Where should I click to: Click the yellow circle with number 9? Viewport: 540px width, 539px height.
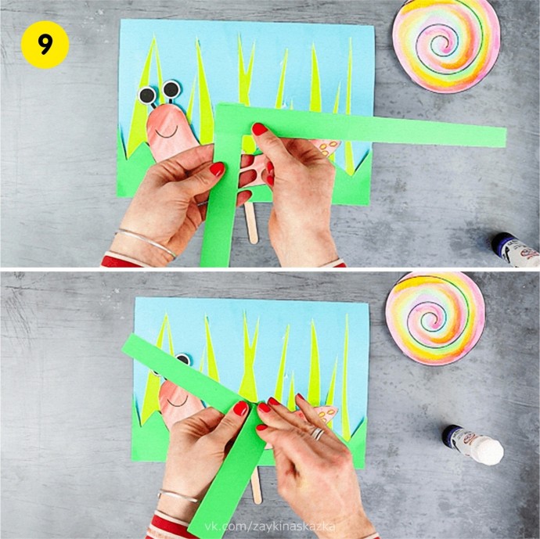pos(45,45)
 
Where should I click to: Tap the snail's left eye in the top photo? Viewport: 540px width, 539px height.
pos(147,95)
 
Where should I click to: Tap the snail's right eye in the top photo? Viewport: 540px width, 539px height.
pos(171,89)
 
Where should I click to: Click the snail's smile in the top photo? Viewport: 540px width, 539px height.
pos(167,132)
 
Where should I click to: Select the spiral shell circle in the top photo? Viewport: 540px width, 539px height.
pos(446,45)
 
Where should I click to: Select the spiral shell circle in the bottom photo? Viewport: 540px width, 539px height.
pos(435,318)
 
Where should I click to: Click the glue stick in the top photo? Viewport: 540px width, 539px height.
pos(516,250)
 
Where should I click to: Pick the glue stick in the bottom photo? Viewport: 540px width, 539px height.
pos(473,445)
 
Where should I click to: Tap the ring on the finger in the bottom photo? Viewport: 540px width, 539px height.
pos(318,433)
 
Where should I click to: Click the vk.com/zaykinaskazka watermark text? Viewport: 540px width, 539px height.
pos(270,526)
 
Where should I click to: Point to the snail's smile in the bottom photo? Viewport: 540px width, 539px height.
pos(178,401)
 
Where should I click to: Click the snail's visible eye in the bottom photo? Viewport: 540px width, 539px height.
pos(183,359)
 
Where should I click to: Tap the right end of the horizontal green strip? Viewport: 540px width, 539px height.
pos(506,138)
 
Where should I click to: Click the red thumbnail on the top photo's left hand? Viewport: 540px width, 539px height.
pos(217,169)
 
